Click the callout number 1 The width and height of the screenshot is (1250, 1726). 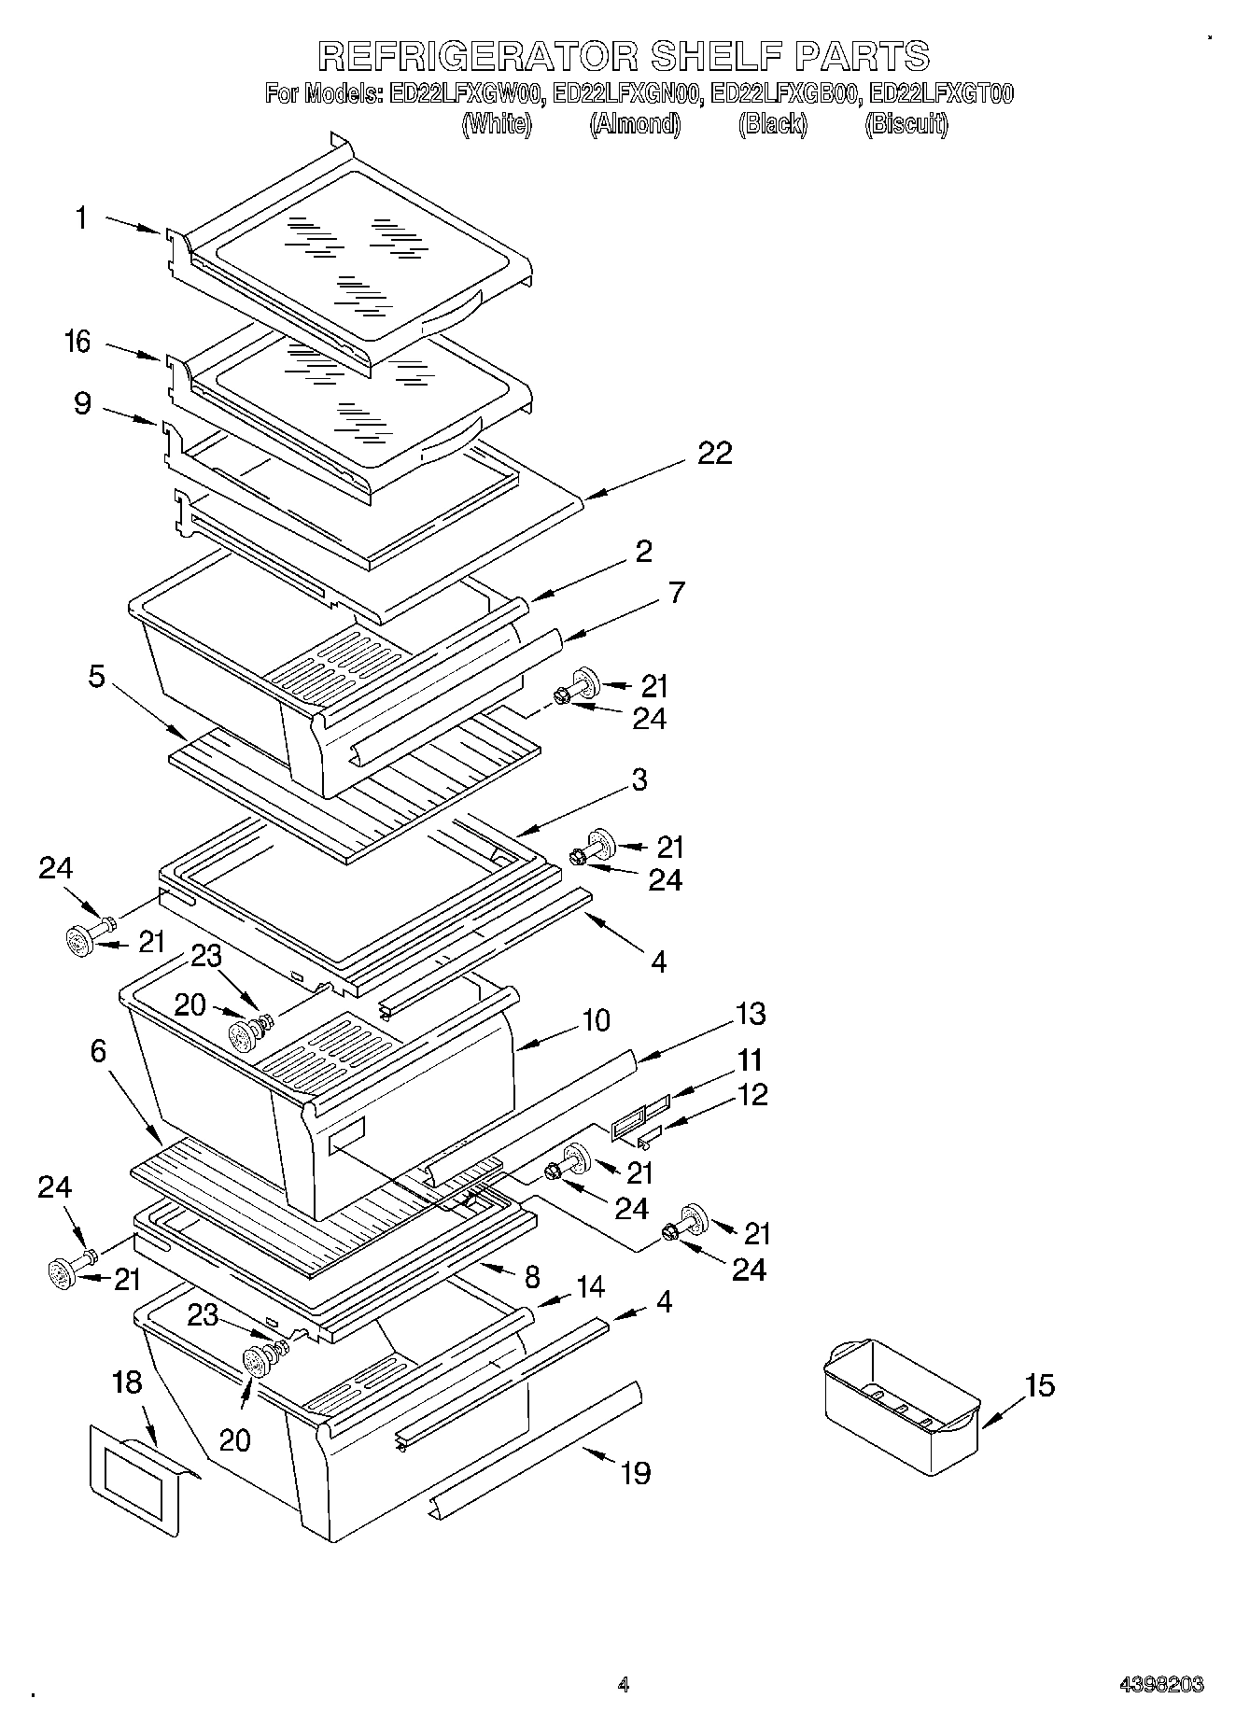pos(81,218)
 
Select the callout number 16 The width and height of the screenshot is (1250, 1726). pos(78,343)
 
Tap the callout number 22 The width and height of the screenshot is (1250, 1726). pos(714,454)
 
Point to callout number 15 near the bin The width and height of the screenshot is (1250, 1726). pos(1038,1385)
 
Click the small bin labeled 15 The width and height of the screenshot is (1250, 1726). pos(900,1408)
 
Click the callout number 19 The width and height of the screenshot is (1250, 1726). pos(635,1473)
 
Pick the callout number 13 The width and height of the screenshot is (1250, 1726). pos(750,1014)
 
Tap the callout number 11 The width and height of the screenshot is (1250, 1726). pos(749,1060)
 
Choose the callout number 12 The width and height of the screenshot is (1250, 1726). pos(751,1094)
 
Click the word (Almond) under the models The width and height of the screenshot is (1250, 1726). pos(635,123)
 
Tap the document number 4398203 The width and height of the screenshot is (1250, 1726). pos(1161,1685)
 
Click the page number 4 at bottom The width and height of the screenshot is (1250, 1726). pos(624,1685)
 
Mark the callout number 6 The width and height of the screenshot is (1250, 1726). pos(98,1052)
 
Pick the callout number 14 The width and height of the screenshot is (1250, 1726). pos(590,1286)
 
